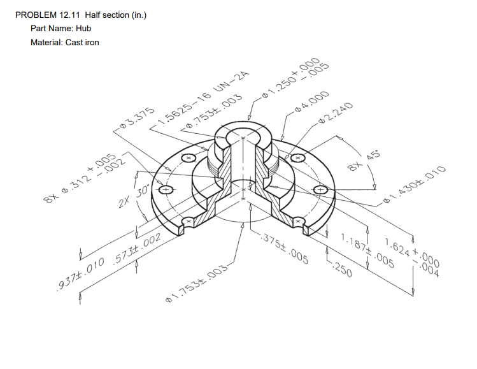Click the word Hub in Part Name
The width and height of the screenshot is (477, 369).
(x=83, y=28)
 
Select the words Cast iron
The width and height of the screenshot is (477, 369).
(x=82, y=42)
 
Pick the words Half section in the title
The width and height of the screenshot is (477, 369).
(x=111, y=15)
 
